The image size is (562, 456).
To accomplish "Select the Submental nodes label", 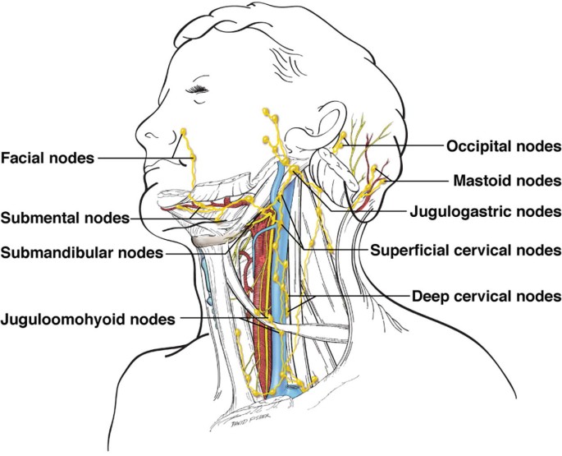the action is click(65, 219).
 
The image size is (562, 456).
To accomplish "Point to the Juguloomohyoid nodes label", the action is click(88, 318).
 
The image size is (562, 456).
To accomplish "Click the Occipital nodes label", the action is click(503, 146).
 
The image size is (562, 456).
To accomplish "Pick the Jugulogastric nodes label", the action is click(485, 211).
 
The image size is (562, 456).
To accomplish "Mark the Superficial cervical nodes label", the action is click(465, 249).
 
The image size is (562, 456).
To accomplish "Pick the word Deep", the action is click(427, 294).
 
